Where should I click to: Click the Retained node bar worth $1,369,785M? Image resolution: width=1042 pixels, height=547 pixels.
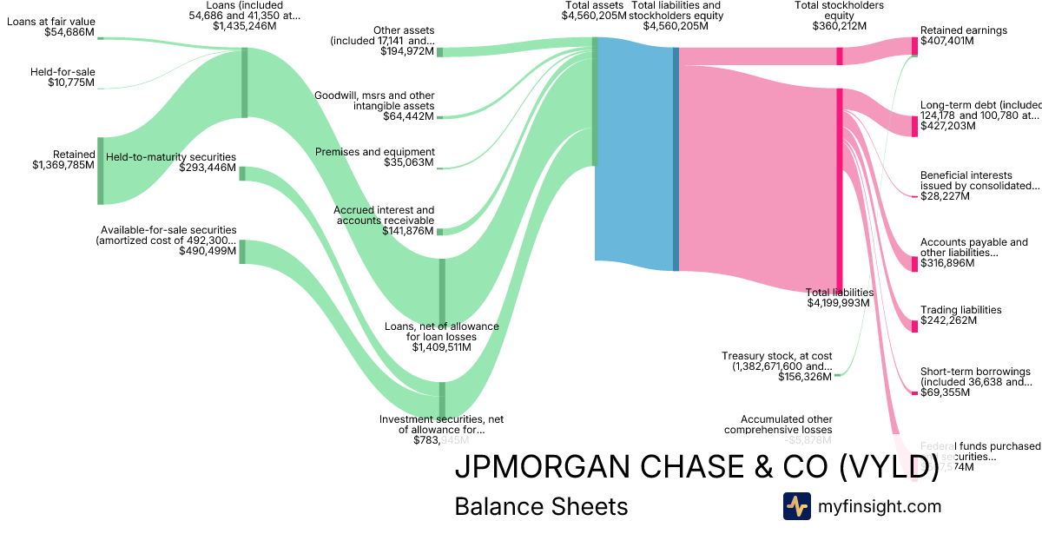100,170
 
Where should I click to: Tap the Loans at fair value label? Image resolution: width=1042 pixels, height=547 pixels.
51,21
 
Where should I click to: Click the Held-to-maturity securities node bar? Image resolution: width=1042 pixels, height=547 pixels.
242,174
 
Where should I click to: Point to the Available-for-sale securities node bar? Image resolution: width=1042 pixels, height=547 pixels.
242,251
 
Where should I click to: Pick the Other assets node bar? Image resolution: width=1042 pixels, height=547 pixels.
439,52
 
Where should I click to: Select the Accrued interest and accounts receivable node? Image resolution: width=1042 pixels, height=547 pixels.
439,232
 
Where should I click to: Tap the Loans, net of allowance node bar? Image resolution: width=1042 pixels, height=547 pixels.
442,290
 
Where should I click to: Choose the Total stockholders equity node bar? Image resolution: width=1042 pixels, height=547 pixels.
840,56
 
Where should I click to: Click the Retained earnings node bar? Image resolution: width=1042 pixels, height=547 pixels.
914,46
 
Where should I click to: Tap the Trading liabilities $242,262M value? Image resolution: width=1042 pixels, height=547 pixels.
948,320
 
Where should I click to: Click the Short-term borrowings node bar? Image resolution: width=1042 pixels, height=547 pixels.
914,393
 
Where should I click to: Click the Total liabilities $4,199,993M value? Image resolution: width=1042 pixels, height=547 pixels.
840,303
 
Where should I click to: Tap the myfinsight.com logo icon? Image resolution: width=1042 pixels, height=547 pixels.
796,506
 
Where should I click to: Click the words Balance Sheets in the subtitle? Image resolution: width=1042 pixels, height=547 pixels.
541,506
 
